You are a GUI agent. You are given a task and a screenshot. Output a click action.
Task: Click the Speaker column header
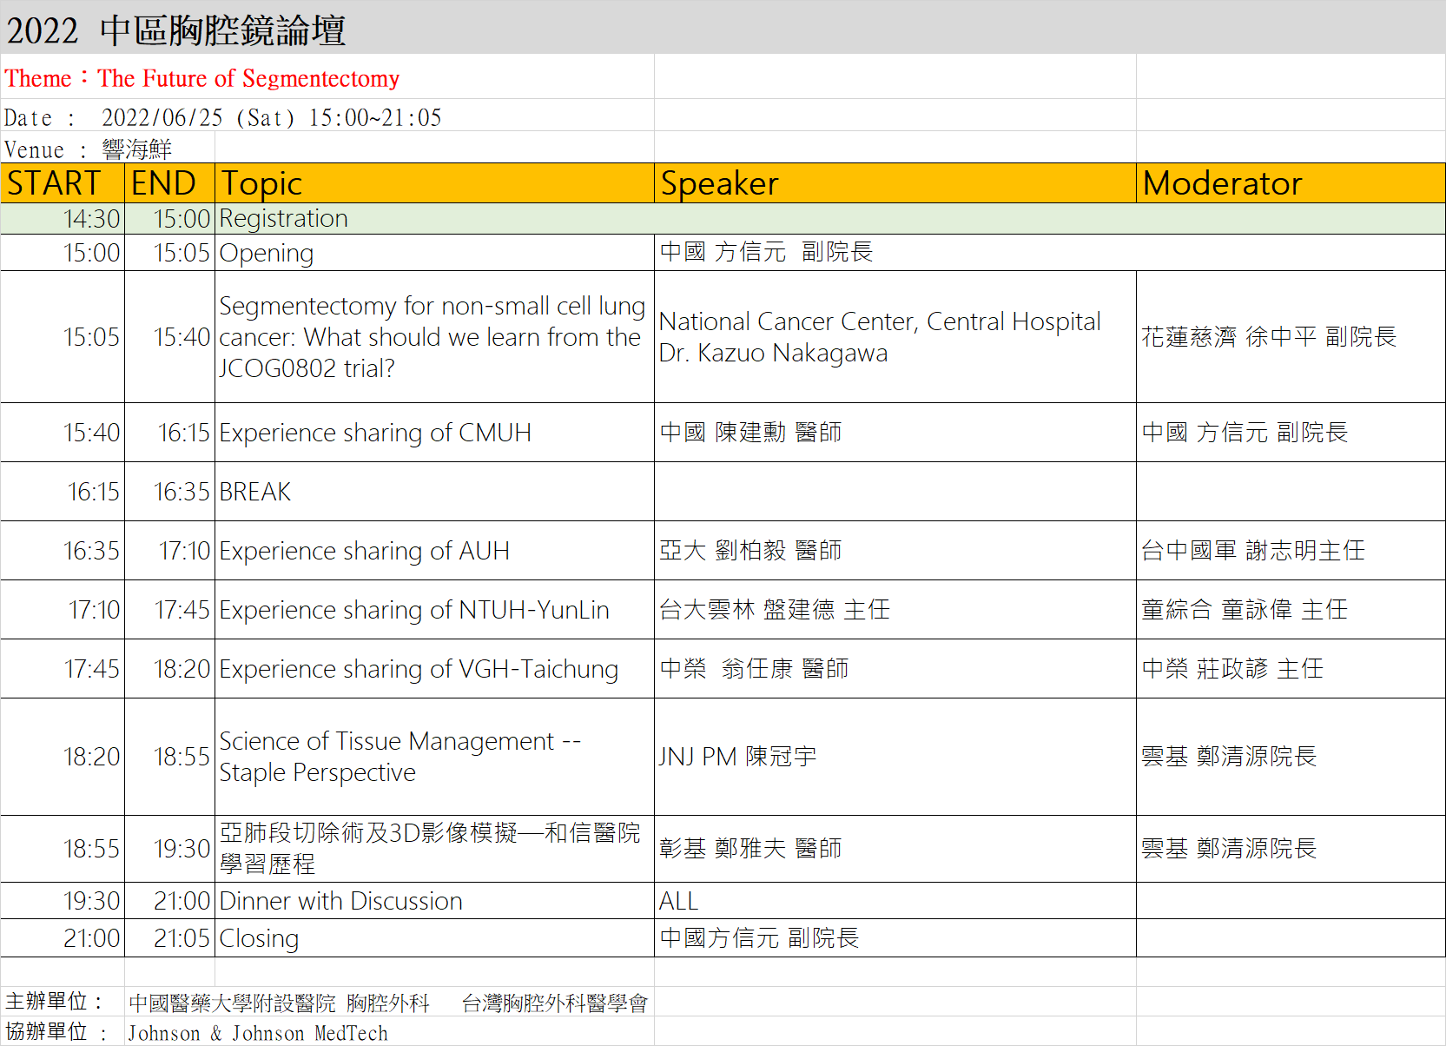click(x=719, y=183)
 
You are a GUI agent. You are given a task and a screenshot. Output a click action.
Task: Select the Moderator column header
click(x=1222, y=183)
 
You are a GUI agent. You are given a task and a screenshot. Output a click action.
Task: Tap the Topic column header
click(x=261, y=184)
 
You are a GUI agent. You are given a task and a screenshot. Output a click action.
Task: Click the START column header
click(x=54, y=183)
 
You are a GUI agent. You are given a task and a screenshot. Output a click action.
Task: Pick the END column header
click(x=163, y=183)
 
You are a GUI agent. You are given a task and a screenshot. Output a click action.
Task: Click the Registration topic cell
click(x=283, y=219)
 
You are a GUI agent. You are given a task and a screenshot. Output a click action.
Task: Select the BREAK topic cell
click(x=255, y=492)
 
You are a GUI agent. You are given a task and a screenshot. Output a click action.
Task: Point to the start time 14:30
click(x=92, y=219)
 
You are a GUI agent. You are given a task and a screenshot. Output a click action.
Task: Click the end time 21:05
click(x=182, y=938)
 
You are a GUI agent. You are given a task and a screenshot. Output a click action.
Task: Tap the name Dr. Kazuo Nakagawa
click(x=773, y=354)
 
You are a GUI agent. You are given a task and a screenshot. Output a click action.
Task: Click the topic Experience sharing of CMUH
click(x=375, y=433)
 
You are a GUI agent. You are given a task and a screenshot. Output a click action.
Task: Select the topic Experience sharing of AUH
click(x=364, y=551)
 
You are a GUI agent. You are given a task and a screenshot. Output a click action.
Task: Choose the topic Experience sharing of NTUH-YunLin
click(x=413, y=610)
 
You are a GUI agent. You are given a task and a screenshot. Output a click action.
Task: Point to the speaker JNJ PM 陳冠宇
click(x=738, y=757)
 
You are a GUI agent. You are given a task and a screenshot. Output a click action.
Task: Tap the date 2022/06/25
click(x=162, y=117)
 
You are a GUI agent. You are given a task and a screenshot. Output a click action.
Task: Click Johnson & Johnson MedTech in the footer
click(x=258, y=1033)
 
